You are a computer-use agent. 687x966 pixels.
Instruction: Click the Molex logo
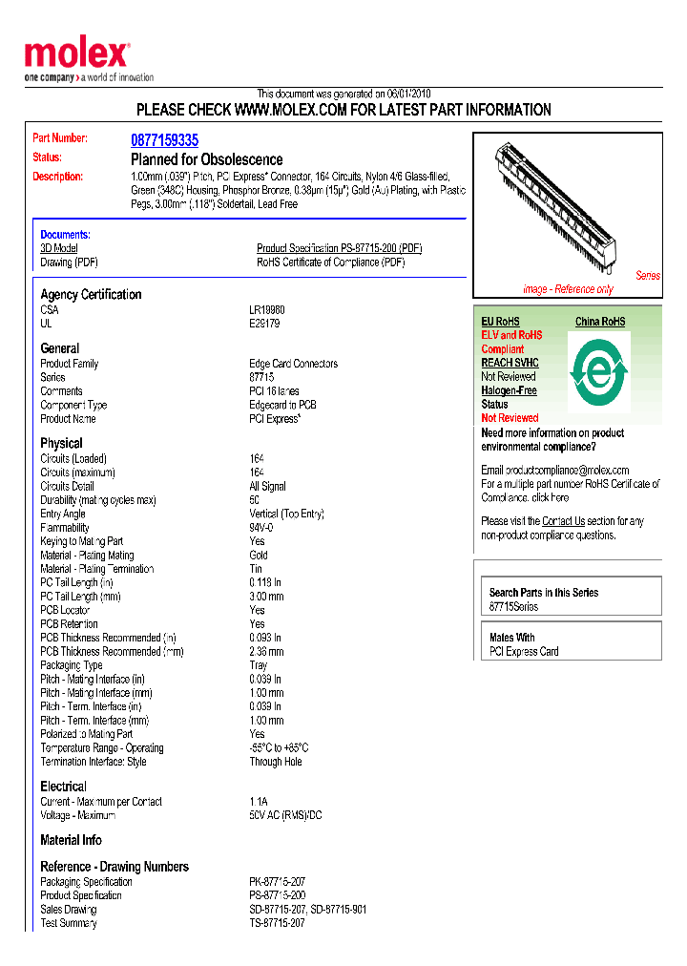(x=77, y=55)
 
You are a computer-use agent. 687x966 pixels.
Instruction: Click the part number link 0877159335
(x=164, y=140)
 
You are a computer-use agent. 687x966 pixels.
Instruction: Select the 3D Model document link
(x=58, y=248)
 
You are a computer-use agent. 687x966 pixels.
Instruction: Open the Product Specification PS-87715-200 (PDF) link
(x=339, y=248)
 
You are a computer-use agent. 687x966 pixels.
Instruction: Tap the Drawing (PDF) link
(x=69, y=262)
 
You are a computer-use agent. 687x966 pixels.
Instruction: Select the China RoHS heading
(x=599, y=322)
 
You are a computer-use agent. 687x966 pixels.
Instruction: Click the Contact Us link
(x=563, y=521)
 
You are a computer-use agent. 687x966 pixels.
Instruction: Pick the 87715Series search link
(x=513, y=607)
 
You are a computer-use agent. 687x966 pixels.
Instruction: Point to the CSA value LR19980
(x=267, y=310)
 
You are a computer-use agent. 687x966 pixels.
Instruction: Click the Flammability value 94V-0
(x=261, y=528)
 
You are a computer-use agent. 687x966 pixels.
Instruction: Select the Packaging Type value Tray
(x=259, y=665)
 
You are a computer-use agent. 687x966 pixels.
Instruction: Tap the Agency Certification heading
(x=91, y=294)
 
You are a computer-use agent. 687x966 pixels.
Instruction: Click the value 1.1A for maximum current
(x=259, y=802)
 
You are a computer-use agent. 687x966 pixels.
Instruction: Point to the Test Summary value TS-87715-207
(x=277, y=923)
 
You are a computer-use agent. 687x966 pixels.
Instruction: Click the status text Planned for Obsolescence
(x=206, y=159)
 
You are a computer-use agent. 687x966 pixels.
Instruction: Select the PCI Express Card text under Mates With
(x=524, y=652)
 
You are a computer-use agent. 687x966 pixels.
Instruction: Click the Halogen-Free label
(x=509, y=390)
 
